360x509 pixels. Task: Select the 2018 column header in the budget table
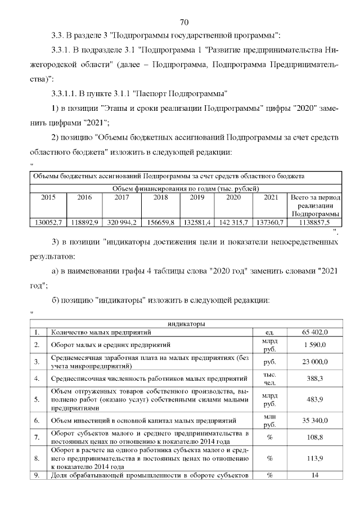(x=161, y=197)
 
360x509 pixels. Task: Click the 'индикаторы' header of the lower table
(x=186, y=323)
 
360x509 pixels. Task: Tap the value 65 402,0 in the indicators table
(x=314, y=332)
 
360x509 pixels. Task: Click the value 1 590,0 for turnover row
(x=314, y=344)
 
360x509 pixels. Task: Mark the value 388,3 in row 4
(x=314, y=379)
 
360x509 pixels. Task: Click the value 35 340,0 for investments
(x=314, y=420)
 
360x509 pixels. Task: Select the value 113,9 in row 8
(x=314, y=458)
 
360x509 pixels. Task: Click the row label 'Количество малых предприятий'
(x=96, y=332)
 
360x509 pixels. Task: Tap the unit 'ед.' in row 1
(x=269, y=332)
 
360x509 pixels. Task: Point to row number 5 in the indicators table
(x=37, y=399)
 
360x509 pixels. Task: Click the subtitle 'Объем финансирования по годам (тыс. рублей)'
(x=186, y=188)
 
